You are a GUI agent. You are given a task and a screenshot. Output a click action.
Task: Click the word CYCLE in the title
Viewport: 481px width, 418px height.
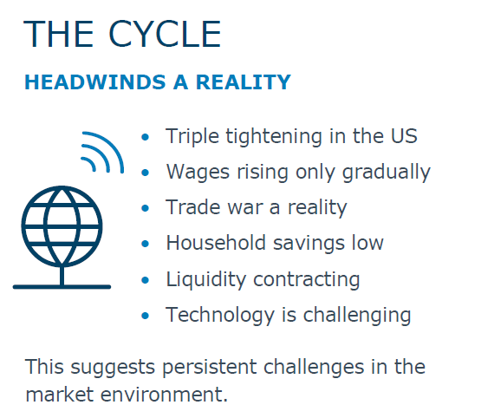click(x=165, y=34)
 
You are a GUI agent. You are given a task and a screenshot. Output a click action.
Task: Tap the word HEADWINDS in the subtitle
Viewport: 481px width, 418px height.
click(x=95, y=82)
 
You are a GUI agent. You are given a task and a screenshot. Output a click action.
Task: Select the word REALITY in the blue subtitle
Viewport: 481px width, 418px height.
click(x=244, y=82)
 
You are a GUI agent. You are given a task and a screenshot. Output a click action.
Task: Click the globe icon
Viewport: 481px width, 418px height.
click(x=62, y=226)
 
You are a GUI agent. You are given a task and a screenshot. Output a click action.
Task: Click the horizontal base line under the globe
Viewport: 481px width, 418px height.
click(x=62, y=287)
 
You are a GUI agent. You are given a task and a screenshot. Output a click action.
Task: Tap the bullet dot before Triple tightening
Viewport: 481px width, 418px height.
click(x=145, y=137)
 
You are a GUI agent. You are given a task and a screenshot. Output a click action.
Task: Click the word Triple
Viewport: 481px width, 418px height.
click(x=192, y=136)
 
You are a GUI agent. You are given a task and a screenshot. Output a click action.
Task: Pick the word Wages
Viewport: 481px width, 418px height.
click(x=198, y=172)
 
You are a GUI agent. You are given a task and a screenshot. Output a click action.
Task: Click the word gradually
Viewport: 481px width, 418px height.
click(x=387, y=172)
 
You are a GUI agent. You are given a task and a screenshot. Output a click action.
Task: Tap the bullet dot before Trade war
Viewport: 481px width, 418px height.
click(x=145, y=208)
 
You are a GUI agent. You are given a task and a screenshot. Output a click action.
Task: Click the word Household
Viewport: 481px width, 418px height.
click(x=216, y=243)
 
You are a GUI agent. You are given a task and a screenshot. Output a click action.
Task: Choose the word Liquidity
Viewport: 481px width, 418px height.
click(x=206, y=280)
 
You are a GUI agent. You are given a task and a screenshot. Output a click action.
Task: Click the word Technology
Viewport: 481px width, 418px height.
click(x=220, y=316)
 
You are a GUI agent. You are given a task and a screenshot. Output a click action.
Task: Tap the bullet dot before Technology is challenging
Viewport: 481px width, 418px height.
click(x=145, y=316)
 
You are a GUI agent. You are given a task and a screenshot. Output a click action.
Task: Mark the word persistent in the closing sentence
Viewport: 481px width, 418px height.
click(x=210, y=367)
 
